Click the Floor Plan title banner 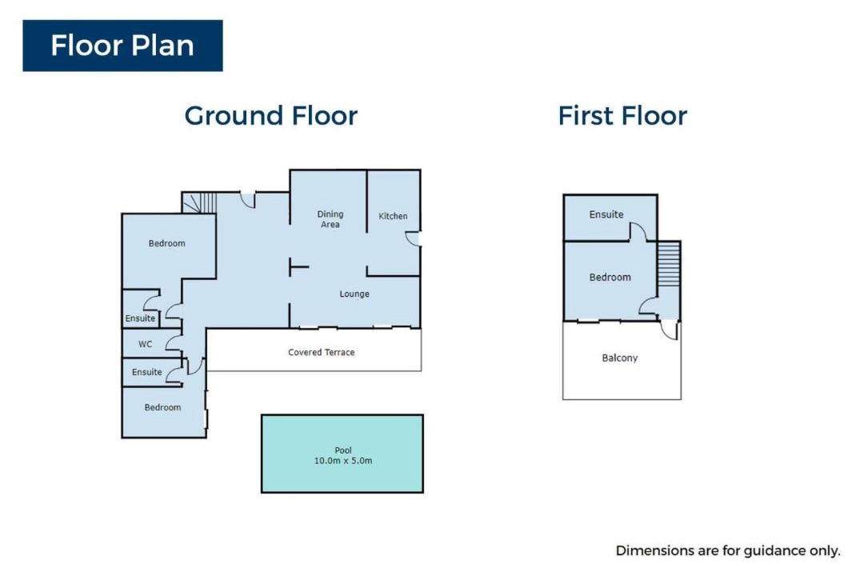122,46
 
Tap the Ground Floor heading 270,116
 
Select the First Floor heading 622,116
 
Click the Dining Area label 330,219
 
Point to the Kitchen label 393,216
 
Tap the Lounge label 354,294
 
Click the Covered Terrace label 322,352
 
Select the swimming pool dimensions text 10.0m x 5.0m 342,461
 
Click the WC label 145,344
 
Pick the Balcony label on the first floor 619,358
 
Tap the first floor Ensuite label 606,214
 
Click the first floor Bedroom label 610,278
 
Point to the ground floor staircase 199,202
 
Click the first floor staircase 669,264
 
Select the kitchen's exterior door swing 414,238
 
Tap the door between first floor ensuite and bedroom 638,232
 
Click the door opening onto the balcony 670,330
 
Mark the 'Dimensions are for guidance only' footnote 728,550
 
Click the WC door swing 174,343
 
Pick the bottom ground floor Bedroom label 162,407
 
